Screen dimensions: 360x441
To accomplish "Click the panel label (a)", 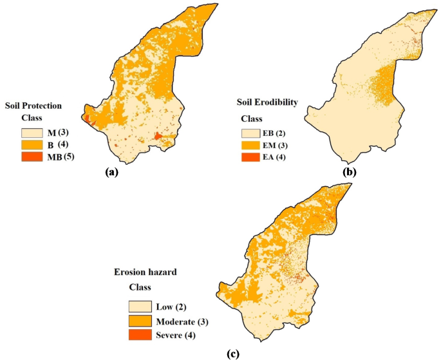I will pos(113,171).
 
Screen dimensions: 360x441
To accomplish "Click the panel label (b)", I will pos(350,172).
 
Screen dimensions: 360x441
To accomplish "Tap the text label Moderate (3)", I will pos(183,321).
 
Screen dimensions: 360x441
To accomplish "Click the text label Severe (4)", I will pos(176,335).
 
